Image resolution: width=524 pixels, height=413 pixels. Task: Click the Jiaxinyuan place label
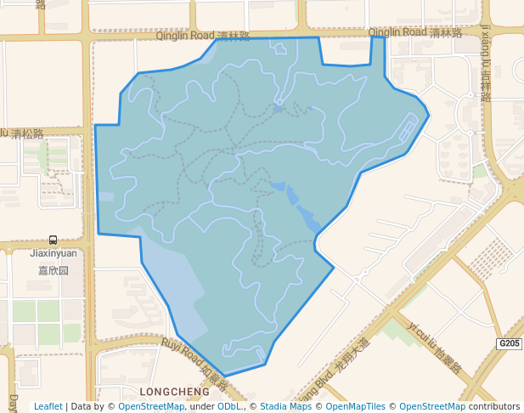(x=53, y=253)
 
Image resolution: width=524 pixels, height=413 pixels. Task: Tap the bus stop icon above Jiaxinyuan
(x=54, y=240)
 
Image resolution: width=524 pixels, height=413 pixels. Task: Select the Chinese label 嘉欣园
(x=53, y=270)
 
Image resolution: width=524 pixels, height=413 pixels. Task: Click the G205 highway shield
(x=509, y=343)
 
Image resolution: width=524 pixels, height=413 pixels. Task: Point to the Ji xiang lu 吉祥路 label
(x=486, y=63)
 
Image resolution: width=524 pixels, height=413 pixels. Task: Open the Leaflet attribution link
(x=48, y=406)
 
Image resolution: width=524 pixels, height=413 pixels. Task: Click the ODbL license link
(x=229, y=406)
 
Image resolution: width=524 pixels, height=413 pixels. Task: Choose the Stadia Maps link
(x=285, y=406)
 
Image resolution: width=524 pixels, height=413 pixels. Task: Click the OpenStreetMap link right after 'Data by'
(x=151, y=406)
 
